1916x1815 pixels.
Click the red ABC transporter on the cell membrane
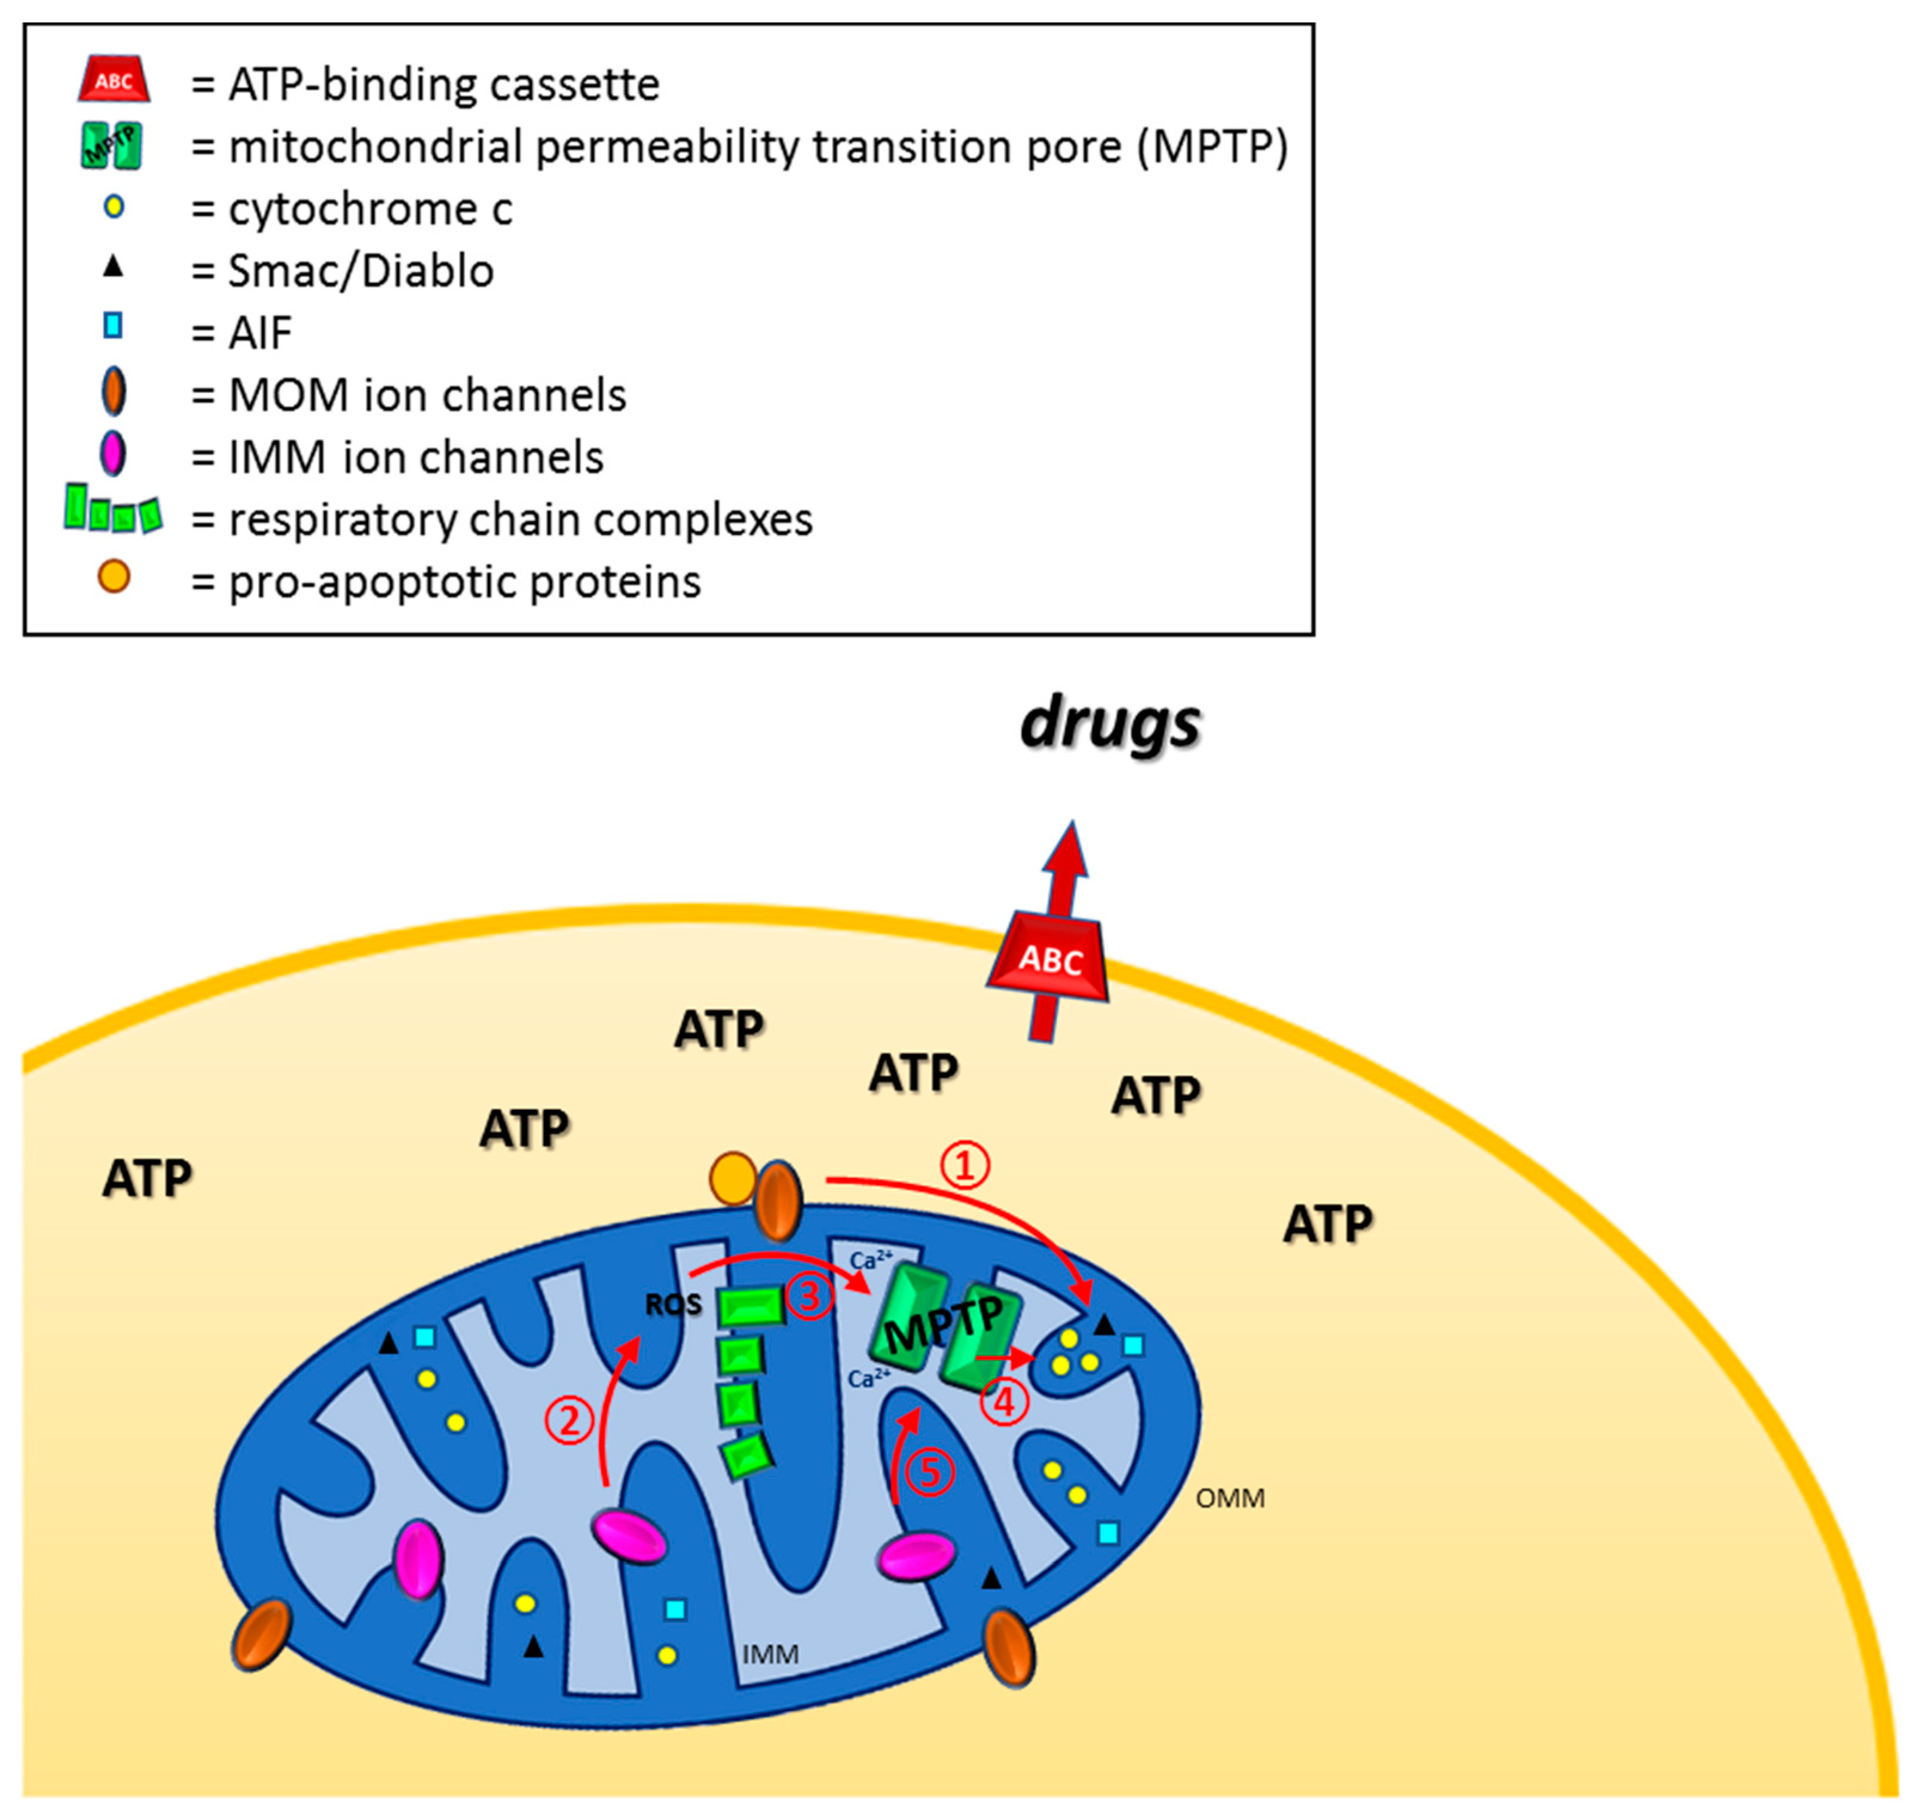coord(1049,958)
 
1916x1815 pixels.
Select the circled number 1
coord(965,1166)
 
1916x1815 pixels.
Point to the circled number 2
coord(569,1421)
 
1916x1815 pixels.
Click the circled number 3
coord(810,1297)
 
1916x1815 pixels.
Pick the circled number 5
coord(930,1473)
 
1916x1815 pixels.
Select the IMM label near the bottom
coord(770,1654)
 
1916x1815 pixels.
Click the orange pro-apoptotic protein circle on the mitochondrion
coord(733,1177)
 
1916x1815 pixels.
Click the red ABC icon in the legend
coord(113,79)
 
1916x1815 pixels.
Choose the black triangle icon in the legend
coord(113,265)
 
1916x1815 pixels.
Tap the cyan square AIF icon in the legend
coord(113,326)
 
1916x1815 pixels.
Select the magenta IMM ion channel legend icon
coord(113,453)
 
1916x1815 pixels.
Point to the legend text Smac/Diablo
coord(361,271)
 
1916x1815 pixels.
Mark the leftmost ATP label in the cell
coord(147,1179)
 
